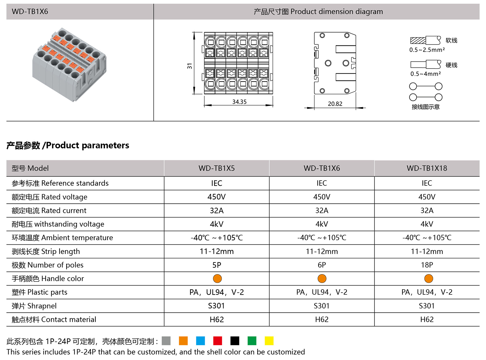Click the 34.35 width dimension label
click(x=239, y=102)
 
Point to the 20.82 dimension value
click(x=335, y=104)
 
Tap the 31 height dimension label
click(x=190, y=66)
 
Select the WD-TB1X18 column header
click(x=427, y=168)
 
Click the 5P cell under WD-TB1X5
click(x=217, y=265)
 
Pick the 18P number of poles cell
click(x=427, y=265)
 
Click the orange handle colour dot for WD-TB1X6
click(x=322, y=278)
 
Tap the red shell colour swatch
click(x=217, y=341)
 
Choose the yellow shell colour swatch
click(x=269, y=341)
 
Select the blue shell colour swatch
click(x=200, y=341)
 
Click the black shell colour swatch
click(x=235, y=341)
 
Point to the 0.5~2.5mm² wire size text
click(x=427, y=50)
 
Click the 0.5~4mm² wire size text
click(x=425, y=74)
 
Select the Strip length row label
click(x=46, y=251)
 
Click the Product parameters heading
click(x=68, y=145)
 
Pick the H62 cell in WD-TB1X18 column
click(x=427, y=319)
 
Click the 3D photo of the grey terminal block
click(x=70, y=64)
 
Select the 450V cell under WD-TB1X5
click(x=217, y=197)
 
